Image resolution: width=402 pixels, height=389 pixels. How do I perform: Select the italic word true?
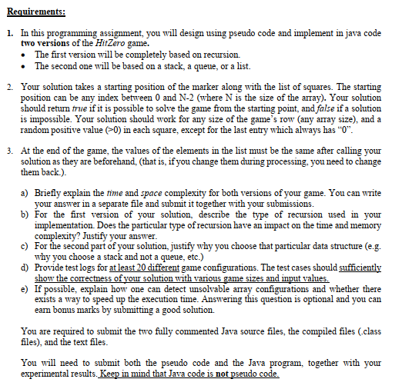coord(90,109)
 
